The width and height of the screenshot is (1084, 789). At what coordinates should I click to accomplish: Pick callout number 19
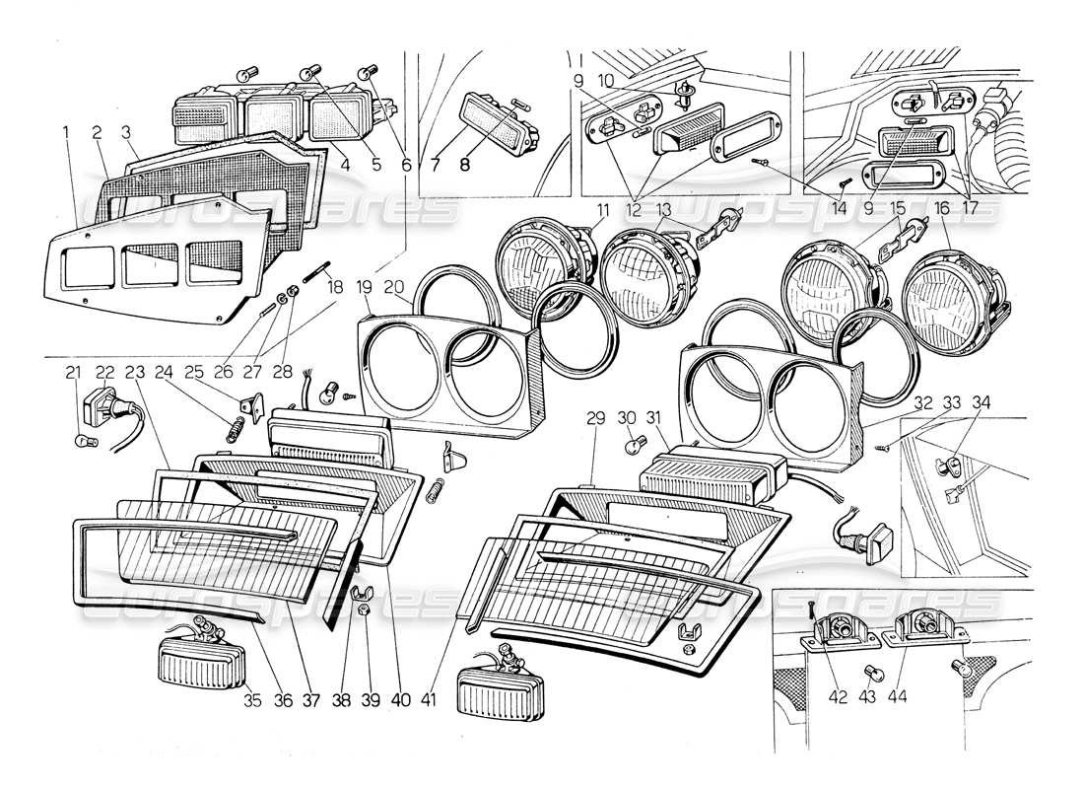[367, 289]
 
